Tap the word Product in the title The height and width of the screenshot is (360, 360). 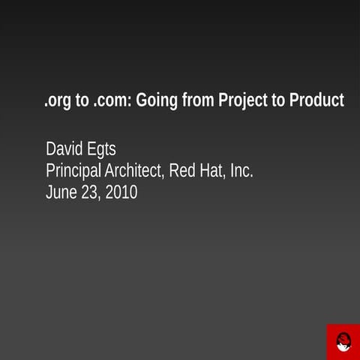316,100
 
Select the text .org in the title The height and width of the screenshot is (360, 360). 56,101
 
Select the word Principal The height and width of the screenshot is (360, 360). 74,171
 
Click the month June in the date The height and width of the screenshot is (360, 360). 61,192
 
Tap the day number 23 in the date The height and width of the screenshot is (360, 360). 89,192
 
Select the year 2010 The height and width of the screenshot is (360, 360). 121,192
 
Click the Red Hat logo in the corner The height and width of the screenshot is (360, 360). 343,342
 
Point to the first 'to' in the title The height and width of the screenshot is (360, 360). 82,101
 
